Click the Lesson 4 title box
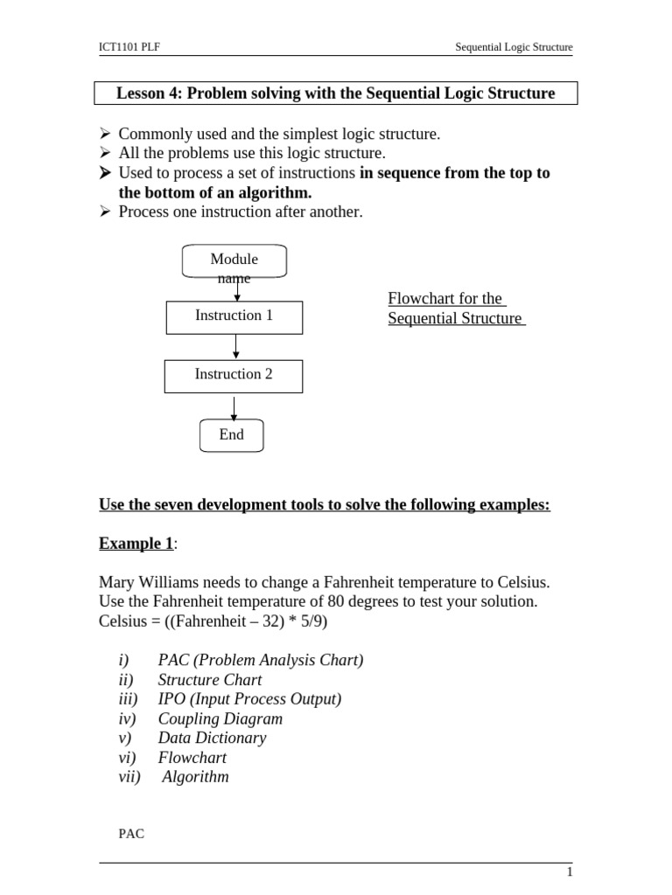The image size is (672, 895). [335, 94]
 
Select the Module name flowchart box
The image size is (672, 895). [234, 261]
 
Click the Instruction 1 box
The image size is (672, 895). [234, 316]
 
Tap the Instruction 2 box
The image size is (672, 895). [234, 375]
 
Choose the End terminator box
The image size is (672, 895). [231, 435]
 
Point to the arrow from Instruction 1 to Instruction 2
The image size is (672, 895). [235, 347]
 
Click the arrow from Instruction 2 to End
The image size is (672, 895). [234, 407]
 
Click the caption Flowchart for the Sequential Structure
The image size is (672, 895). [455, 309]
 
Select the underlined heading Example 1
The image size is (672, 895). [136, 544]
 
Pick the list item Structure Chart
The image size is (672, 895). [209, 680]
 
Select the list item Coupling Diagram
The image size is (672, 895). [220, 718]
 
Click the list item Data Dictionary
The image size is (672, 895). [212, 738]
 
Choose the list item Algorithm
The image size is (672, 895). [195, 777]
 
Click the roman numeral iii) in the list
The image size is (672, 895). [128, 699]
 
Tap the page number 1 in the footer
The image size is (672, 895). [570, 872]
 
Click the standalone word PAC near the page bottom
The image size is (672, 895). [131, 835]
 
